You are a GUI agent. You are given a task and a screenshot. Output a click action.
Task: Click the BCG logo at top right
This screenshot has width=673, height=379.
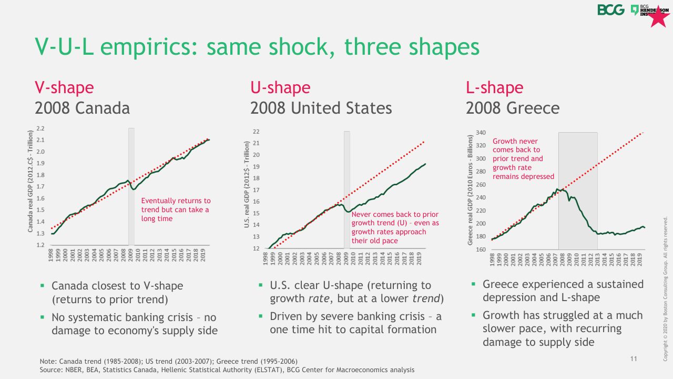tap(611, 10)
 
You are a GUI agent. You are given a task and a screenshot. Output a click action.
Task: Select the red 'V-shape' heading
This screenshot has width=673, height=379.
tap(64, 87)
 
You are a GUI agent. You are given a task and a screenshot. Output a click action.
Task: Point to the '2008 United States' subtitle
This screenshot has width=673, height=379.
tap(321, 108)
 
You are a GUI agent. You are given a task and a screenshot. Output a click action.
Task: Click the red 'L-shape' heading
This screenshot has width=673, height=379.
tap(495, 87)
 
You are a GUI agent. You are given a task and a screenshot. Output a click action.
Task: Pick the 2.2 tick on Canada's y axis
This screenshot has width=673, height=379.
tap(40, 128)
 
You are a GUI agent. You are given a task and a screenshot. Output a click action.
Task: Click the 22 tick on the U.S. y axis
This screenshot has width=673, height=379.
tap(257, 132)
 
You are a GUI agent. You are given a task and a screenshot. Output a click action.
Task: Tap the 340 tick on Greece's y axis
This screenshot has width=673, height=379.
tap(480, 133)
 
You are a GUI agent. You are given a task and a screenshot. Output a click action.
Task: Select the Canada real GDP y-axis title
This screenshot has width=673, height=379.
tap(30, 182)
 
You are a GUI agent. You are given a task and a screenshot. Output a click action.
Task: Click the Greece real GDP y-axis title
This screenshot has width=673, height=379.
tap(471, 189)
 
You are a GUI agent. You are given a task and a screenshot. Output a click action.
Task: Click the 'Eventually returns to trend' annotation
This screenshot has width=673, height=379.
tap(176, 210)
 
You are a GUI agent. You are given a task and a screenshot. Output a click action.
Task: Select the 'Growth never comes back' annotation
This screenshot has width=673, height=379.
tap(523, 158)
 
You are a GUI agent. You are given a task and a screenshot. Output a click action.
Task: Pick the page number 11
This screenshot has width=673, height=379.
tap(634, 359)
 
